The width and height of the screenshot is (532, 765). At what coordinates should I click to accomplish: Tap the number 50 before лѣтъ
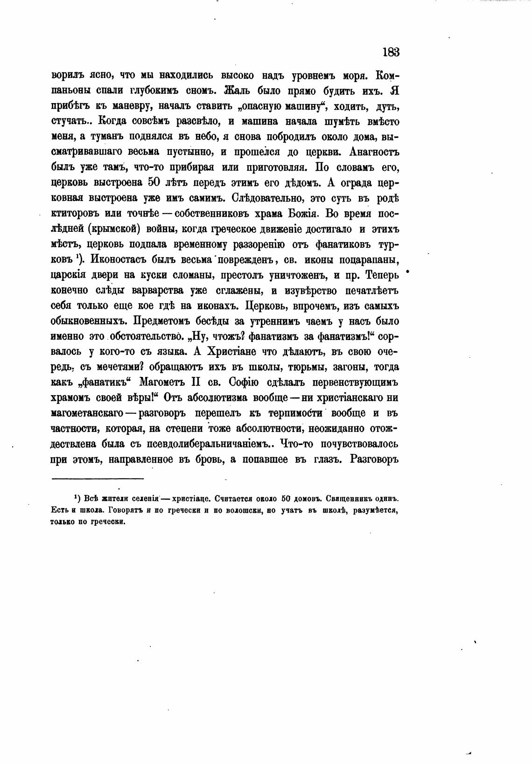coord(154,182)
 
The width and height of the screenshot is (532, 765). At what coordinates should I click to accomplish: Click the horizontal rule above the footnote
coord(97,478)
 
